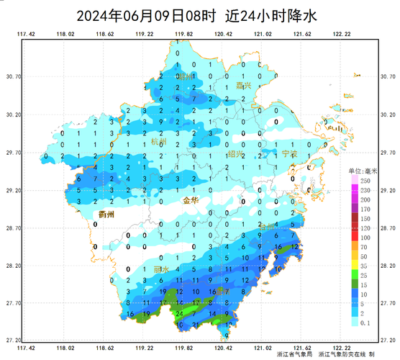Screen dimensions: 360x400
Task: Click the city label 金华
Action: [x=191, y=201]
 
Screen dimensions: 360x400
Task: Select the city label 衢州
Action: [x=107, y=214]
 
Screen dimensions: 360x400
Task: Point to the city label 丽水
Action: [x=160, y=269]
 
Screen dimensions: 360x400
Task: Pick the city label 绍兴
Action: [x=235, y=154]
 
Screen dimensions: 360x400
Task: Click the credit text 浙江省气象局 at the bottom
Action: [x=295, y=355]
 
